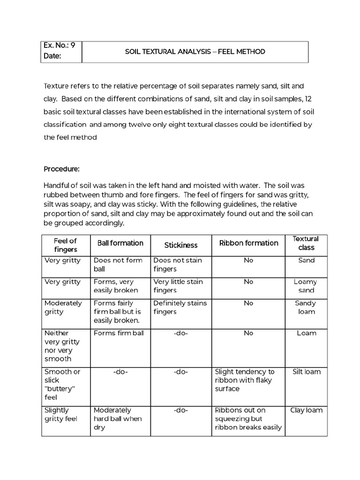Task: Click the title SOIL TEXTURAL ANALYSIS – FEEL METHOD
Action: (195, 52)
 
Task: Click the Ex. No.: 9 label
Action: (59, 45)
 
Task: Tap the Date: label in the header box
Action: (52, 56)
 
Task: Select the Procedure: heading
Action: (62, 169)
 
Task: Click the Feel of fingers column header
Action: (66, 245)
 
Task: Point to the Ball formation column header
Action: (120, 243)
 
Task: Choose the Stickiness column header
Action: (181, 245)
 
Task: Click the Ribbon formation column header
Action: (248, 243)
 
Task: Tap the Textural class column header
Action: (306, 243)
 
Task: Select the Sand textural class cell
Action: (306, 260)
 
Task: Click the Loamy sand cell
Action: (305, 286)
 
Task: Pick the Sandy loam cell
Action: (305, 307)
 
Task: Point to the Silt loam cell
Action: (306, 372)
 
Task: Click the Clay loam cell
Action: (306, 410)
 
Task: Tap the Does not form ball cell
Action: (118, 264)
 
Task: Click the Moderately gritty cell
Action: (63, 307)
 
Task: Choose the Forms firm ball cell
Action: (119, 333)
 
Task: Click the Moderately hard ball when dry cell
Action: (118, 419)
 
